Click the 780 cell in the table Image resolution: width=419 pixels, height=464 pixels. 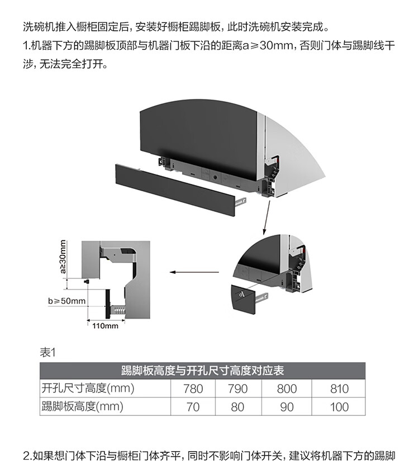(193, 389)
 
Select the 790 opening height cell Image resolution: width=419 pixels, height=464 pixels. (238, 389)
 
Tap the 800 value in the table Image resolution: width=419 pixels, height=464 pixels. (287, 389)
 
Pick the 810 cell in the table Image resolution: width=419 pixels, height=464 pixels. (339, 389)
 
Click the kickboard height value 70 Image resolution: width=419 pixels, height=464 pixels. (193, 406)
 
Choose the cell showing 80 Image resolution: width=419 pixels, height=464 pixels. (238, 406)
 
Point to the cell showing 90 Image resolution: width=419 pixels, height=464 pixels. (287, 406)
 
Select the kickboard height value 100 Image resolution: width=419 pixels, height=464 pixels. (339, 406)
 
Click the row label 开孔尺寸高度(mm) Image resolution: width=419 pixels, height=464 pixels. (88, 388)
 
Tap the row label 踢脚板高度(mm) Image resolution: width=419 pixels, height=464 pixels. (82, 406)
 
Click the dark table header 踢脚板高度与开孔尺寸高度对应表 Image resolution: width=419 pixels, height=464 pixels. (202, 371)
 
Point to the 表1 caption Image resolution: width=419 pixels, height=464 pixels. (49, 352)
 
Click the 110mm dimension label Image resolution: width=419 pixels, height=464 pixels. (105, 326)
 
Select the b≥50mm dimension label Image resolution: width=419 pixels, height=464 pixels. (66, 301)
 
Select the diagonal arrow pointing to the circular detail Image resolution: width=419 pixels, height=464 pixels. (265, 217)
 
